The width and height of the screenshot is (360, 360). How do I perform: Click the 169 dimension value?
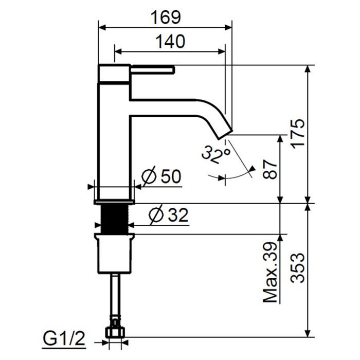click(x=166, y=17)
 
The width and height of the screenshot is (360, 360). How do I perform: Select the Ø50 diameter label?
click(x=160, y=177)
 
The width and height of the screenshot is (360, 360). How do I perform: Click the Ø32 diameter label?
click(x=165, y=214)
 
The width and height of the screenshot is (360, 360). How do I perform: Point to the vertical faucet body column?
click(x=114, y=144)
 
